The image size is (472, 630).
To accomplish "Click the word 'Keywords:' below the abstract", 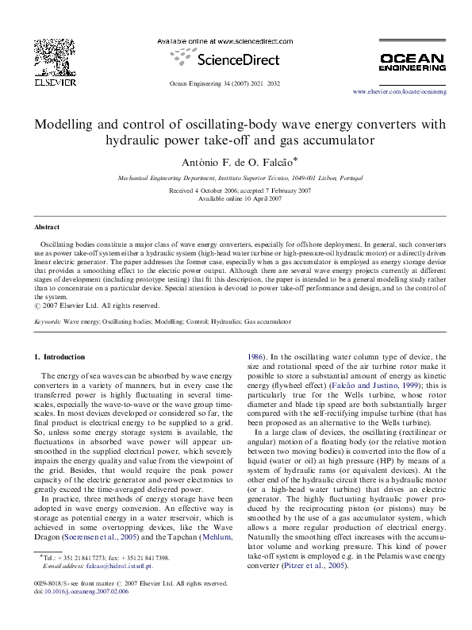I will click(48, 324).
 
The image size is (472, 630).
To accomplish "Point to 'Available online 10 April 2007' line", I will click(236, 198).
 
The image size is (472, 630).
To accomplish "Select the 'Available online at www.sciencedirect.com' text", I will click(216, 40).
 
